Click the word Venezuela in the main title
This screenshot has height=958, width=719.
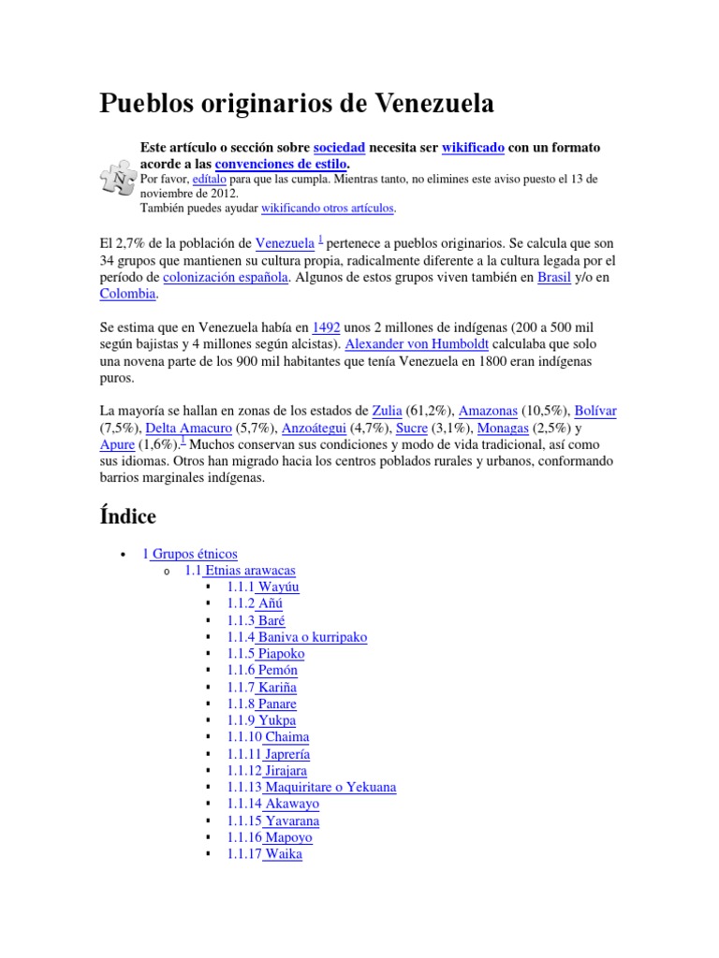432,104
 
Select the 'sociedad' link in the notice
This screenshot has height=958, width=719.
339,148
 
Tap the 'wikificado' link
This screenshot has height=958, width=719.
473,148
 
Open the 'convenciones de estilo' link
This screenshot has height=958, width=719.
286,164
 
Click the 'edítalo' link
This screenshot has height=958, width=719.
210,178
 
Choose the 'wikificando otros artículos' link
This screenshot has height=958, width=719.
328,207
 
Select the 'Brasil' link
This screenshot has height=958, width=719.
553,277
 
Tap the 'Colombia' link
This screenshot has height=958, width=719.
127,294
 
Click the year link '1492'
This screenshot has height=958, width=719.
326,327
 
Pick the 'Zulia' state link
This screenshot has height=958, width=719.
388,411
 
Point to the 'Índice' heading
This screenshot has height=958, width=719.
127,515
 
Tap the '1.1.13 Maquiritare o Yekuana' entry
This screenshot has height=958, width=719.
311,788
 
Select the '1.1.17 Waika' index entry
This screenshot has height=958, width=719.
264,854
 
